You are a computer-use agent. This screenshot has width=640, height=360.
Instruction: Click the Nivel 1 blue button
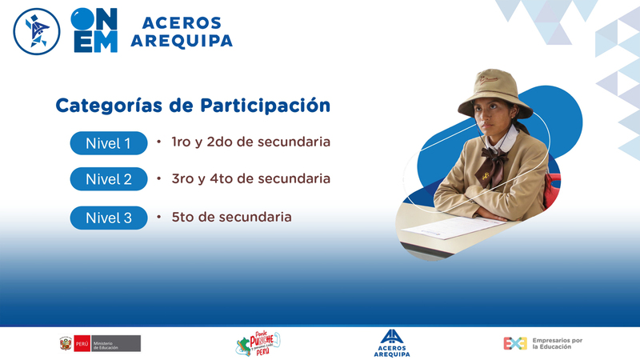pyautogui.click(x=109, y=143)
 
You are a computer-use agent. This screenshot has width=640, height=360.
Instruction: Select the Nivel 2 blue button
pyautogui.click(x=109, y=178)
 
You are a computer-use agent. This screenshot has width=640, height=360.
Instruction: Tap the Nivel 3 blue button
pyautogui.click(x=109, y=218)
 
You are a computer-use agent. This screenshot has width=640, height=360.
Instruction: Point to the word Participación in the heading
pyautogui.click(x=266, y=106)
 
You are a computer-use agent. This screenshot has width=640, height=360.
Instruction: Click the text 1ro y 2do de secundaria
pyautogui.click(x=250, y=142)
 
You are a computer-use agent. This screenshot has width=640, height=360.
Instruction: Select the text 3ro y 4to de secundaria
pyautogui.click(x=250, y=178)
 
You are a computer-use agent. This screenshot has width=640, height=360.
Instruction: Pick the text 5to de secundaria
pyautogui.click(x=231, y=217)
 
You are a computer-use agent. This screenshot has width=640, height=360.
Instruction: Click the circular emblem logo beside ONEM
pyautogui.click(x=37, y=31)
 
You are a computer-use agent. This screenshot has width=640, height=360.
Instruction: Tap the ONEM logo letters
pyautogui.click(x=94, y=30)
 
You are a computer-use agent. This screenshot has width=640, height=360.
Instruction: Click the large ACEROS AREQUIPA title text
pyautogui.click(x=182, y=32)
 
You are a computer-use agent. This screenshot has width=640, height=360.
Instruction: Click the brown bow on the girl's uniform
pyautogui.click(x=492, y=166)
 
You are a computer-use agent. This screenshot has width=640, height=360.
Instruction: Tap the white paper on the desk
pyautogui.click(x=454, y=227)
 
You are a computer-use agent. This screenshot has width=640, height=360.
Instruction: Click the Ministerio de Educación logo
pyautogui.click(x=100, y=344)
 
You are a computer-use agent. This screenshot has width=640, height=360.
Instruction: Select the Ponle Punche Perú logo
pyautogui.click(x=258, y=344)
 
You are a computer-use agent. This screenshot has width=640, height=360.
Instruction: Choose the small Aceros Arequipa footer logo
pyautogui.click(x=392, y=343)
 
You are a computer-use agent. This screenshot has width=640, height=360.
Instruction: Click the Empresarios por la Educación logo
pyautogui.click(x=543, y=343)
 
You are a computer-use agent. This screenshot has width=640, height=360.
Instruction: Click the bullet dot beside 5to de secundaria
pyautogui.click(x=158, y=217)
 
